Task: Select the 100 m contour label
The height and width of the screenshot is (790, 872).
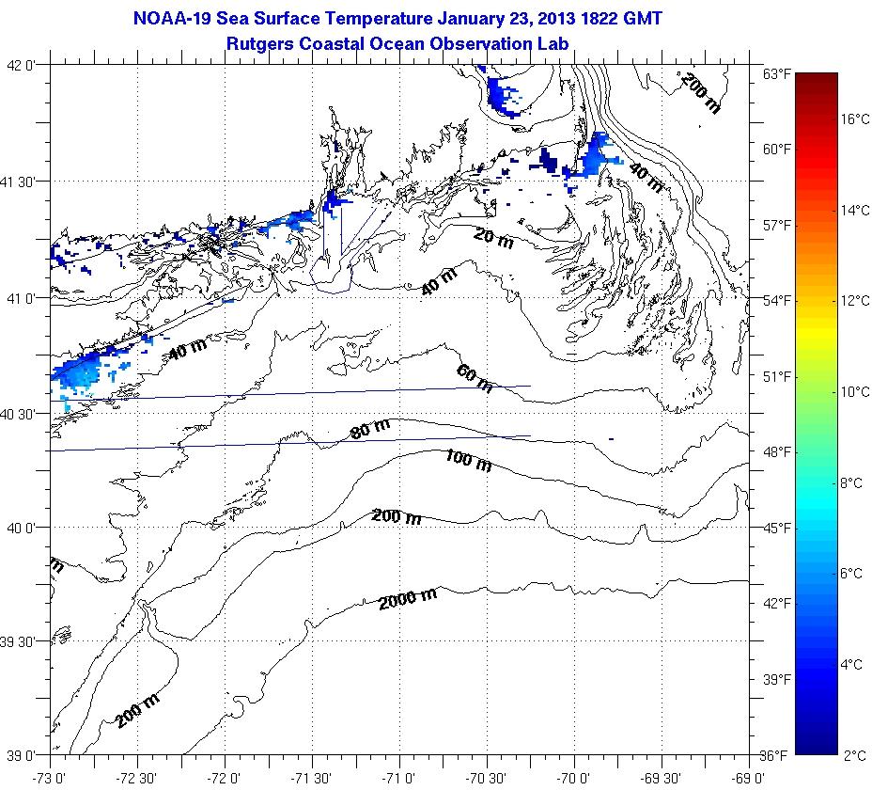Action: [468, 460]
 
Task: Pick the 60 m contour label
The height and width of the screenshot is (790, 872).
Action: [475, 378]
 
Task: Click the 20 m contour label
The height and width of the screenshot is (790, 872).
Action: [493, 239]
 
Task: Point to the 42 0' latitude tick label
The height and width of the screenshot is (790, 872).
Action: [22, 66]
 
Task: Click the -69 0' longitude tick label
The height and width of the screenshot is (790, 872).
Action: [748, 777]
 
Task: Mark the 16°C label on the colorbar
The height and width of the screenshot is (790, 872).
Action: [855, 119]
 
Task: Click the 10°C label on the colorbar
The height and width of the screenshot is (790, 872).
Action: [855, 392]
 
